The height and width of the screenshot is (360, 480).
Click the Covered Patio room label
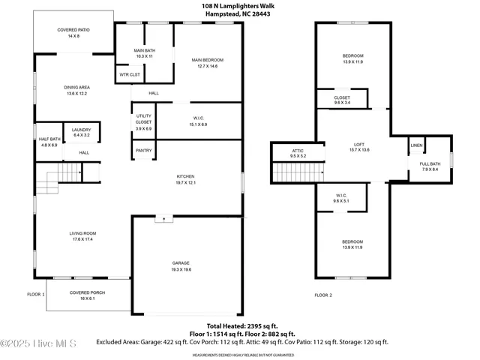click(73, 32)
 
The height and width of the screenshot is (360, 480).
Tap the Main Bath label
click(144, 53)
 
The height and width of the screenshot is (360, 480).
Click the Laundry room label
click(81, 133)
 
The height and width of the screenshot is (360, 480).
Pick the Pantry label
click(143, 151)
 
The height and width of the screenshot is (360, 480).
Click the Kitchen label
click(186, 179)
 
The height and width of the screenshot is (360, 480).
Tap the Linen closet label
click(416, 145)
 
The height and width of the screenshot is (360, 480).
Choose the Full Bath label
click(430, 166)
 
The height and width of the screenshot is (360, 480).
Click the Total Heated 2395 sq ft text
click(242, 326)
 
